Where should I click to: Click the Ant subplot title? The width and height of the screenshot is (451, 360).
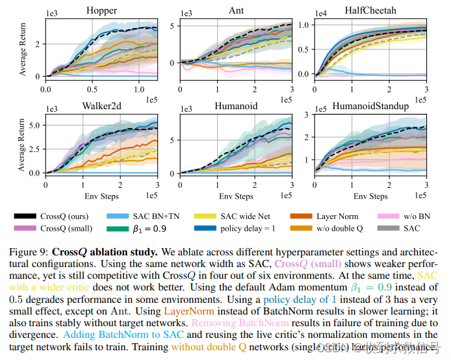(x=235, y=10)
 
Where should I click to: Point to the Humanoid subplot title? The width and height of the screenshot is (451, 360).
(x=235, y=105)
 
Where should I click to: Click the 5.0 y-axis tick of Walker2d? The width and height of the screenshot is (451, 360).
(x=34, y=123)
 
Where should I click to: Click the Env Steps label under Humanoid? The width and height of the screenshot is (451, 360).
(x=235, y=196)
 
